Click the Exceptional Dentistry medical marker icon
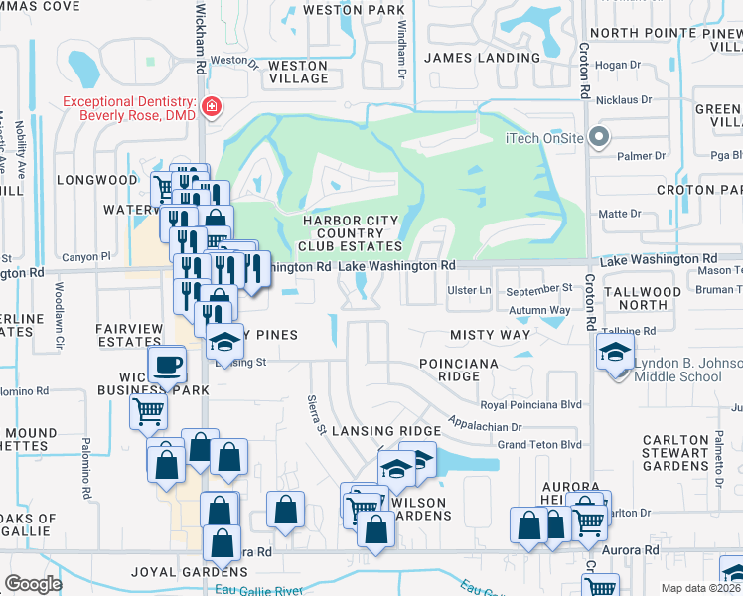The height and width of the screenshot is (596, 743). pos(211,107)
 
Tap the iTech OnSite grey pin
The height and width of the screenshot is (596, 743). pos(598,137)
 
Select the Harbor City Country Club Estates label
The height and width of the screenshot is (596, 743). pos(353,233)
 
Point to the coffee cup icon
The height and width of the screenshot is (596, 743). pos(166,364)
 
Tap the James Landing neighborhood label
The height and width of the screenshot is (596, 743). pos(482,58)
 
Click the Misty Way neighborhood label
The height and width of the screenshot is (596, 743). pos(490,336)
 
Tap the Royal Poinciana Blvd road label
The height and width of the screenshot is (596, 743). pos(530,404)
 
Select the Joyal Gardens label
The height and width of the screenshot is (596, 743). pos(189,572)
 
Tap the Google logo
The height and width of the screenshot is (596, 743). pos(33,584)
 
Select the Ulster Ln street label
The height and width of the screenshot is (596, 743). pos(472,289)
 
